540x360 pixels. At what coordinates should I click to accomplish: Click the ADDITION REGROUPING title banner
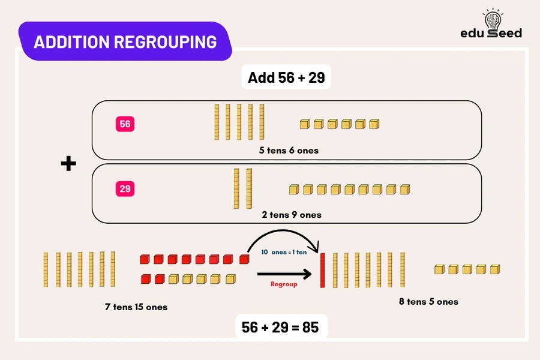click(x=125, y=42)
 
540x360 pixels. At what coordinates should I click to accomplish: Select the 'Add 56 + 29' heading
click(x=286, y=77)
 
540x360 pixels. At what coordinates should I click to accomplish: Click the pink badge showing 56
click(x=125, y=124)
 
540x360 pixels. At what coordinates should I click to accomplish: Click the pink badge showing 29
click(x=125, y=189)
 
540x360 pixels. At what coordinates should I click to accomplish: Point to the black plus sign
click(x=69, y=164)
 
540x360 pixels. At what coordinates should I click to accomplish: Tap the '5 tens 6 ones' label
click(x=289, y=150)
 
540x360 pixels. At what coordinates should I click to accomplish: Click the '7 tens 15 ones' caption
click(x=136, y=307)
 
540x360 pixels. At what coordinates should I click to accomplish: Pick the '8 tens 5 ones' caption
click(x=428, y=301)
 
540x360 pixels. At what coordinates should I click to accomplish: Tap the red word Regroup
click(x=284, y=284)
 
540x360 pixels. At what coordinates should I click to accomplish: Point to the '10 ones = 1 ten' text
click(x=284, y=253)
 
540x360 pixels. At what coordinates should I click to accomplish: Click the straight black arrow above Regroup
click(x=284, y=274)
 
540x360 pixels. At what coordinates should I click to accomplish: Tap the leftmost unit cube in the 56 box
click(x=305, y=124)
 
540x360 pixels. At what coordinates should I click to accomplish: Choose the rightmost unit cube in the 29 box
click(x=405, y=190)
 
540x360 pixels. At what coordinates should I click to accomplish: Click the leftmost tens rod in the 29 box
click(x=236, y=189)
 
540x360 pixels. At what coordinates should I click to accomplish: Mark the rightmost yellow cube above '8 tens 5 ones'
click(x=495, y=269)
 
